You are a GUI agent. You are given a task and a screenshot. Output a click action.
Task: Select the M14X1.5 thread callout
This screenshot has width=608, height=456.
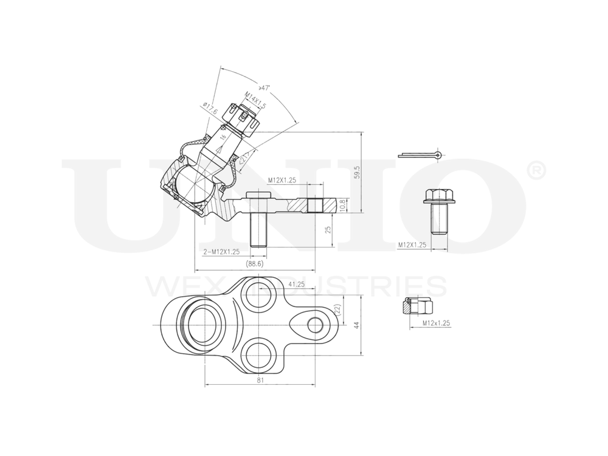(x=256, y=100)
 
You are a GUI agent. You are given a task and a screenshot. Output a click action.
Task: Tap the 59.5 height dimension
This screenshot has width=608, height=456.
(x=358, y=172)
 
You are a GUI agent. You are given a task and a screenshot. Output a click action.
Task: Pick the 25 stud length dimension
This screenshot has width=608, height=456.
(x=328, y=230)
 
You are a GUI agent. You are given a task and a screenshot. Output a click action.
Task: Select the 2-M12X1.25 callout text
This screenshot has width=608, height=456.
(x=221, y=251)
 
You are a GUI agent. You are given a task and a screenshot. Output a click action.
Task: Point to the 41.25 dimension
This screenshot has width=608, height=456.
(x=296, y=284)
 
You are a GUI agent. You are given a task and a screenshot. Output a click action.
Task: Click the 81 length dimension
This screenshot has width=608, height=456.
(x=260, y=381)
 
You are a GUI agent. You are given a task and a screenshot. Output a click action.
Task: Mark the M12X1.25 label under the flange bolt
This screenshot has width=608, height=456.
(x=412, y=245)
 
